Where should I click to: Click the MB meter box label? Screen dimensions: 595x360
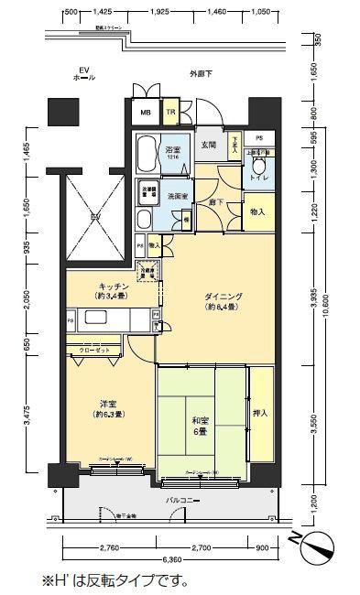pos(145,114)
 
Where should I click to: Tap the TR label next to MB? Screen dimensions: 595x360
pos(170,114)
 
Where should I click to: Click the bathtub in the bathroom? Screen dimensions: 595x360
pos(147,154)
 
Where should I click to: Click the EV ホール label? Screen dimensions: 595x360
pos(84,74)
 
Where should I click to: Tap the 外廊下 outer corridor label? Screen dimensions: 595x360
pos(201,72)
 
